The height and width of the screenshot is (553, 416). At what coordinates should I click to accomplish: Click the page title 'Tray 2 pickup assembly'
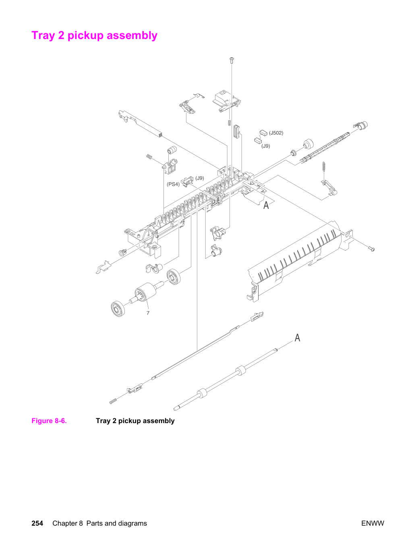pyautogui.click(x=94, y=35)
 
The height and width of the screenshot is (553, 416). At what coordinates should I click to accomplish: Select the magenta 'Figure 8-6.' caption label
pyautogui.click(x=49, y=421)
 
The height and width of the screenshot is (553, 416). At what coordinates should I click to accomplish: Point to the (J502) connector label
pyautogui.click(x=276, y=133)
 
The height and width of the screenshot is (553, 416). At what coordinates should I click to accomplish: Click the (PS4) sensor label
pyautogui.click(x=173, y=184)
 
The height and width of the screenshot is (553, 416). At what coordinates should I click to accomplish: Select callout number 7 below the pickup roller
pyautogui.click(x=148, y=313)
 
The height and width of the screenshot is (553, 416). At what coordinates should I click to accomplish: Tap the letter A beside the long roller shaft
pyautogui.click(x=298, y=337)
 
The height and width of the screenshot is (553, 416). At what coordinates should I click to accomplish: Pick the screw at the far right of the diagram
pyautogui.click(x=372, y=249)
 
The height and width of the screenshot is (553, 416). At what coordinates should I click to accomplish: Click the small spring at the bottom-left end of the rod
pyautogui.click(x=113, y=401)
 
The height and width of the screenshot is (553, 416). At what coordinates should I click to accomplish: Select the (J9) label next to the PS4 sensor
pyautogui.click(x=200, y=178)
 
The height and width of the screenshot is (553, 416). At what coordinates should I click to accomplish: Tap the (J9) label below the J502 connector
pyautogui.click(x=265, y=146)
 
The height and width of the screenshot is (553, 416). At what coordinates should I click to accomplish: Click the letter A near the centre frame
pyautogui.click(x=266, y=206)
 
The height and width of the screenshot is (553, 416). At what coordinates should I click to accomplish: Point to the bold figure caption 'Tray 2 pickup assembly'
pyautogui.click(x=135, y=421)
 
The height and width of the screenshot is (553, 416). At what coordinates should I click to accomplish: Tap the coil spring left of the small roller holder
pyautogui.click(x=149, y=157)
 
